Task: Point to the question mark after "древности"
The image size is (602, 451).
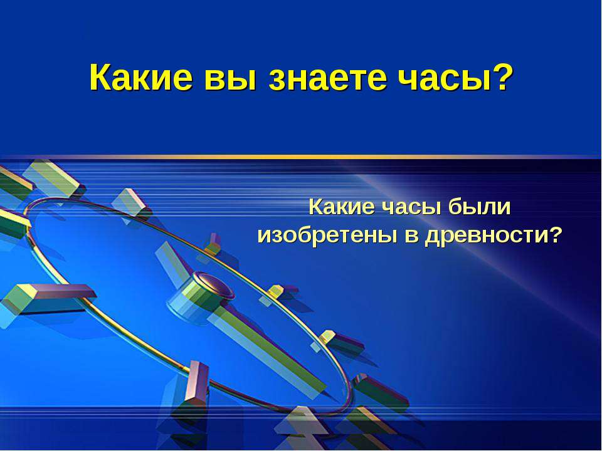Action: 556,236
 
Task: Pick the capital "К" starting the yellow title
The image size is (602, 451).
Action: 99,78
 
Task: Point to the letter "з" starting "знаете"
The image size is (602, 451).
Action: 277,79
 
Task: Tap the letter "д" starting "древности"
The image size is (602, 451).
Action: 430,237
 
